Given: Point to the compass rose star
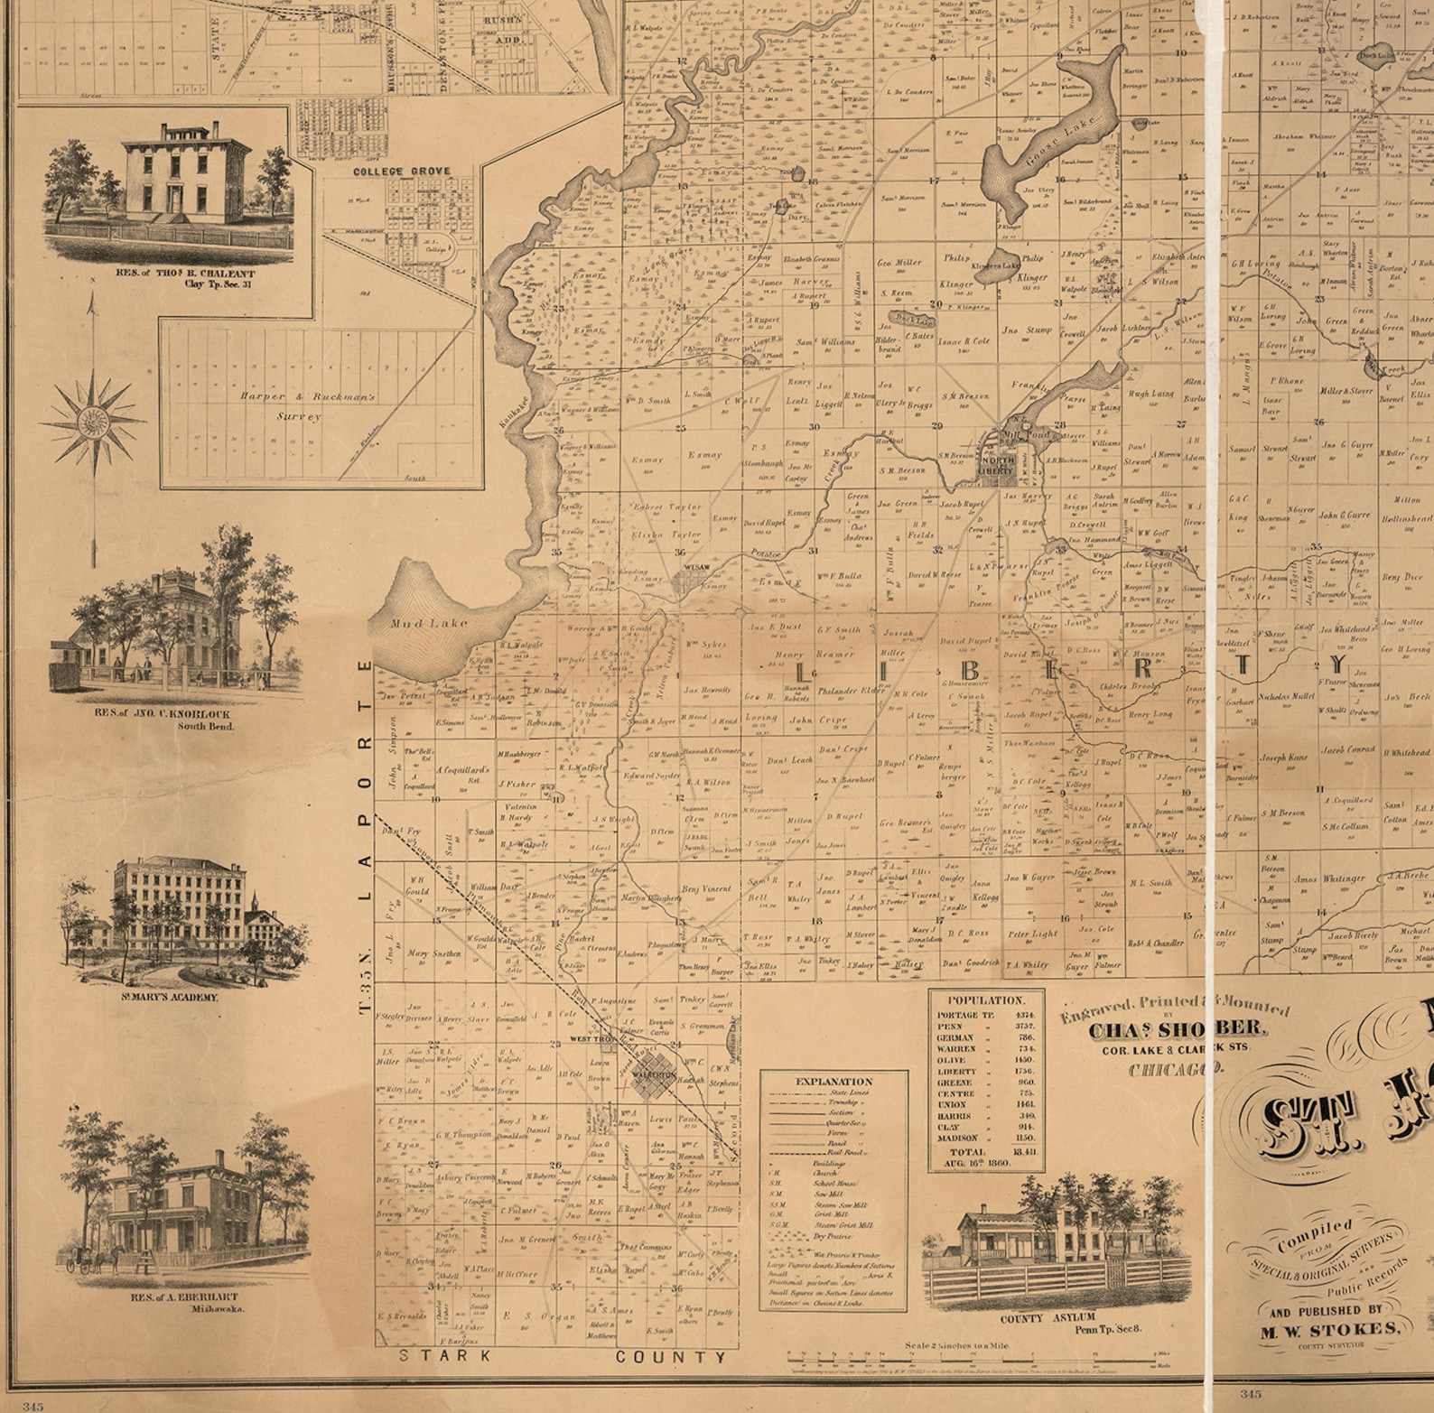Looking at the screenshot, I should [x=93, y=421].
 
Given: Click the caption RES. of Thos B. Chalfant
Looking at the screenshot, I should [x=185, y=273].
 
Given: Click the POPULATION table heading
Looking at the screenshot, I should [x=986, y=1000].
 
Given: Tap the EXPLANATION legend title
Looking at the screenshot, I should [x=833, y=1081].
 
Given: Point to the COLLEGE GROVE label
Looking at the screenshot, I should [x=401, y=171].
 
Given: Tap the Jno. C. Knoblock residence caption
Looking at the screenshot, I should [x=163, y=713].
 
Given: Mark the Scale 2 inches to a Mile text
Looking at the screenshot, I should [x=957, y=1345].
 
